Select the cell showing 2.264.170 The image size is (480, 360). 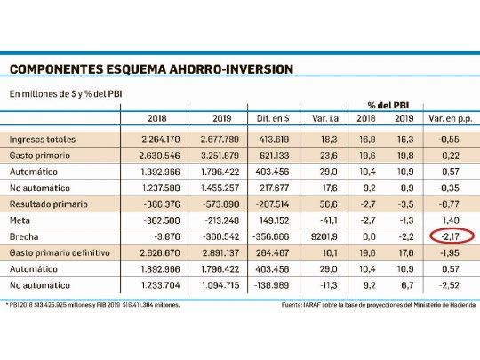[155, 139]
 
